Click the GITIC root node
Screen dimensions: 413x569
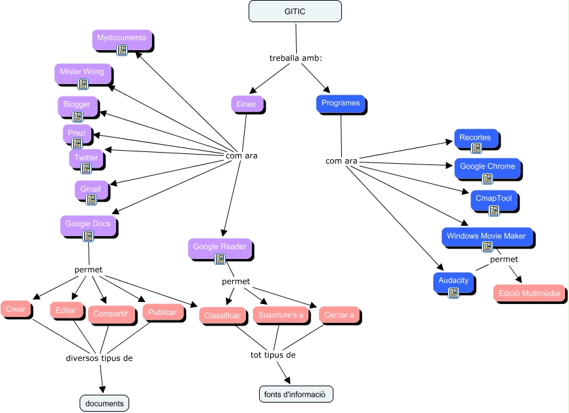pos(295,11)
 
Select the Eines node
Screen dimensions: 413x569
pos(246,104)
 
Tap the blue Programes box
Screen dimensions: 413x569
pos(341,104)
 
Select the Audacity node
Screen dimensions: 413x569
pos(453,281)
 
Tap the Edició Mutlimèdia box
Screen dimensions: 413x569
pos(529,293)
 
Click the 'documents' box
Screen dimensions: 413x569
pos(104,403)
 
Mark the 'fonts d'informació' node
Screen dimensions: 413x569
pos(296,394)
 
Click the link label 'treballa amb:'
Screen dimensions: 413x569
pos(296,58)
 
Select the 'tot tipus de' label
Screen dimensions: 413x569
pos(273,355)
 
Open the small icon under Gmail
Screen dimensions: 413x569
pos(91,200)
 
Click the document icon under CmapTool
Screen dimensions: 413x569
pos(494,210)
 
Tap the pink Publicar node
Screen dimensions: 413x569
pos(162,313)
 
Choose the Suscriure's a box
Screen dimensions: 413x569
pos(280,315)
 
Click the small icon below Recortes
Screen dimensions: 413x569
pos(476,148)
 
